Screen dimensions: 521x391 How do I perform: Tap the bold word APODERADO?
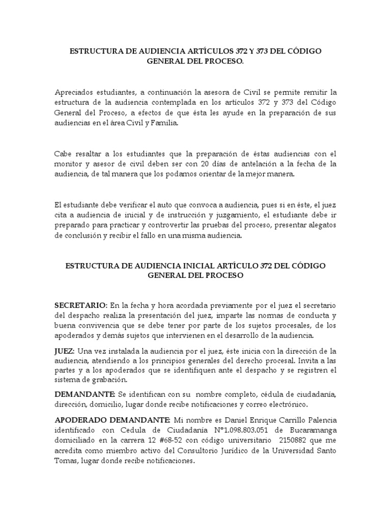click(82, 420)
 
